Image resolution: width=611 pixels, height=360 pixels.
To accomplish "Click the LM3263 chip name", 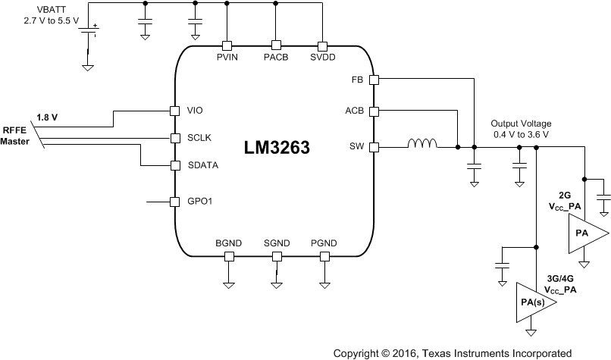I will (275, 146).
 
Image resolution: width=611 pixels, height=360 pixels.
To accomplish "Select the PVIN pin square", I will (226, 45).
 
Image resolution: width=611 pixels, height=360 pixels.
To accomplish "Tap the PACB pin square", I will (276, 45).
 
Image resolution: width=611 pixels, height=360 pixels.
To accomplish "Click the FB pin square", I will (373, 78).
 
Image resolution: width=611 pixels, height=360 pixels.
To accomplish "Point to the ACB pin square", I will (373, 111).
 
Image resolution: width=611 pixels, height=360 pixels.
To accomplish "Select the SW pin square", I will (373, 146).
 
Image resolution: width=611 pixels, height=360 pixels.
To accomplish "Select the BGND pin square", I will (227, 256).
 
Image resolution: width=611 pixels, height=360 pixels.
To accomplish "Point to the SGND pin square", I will (276, 256).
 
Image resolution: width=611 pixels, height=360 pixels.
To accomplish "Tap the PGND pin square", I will (324, 256).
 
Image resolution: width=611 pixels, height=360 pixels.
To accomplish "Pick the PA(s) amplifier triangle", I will (534, 303).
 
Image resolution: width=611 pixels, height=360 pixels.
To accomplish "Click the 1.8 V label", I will (47, 117).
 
